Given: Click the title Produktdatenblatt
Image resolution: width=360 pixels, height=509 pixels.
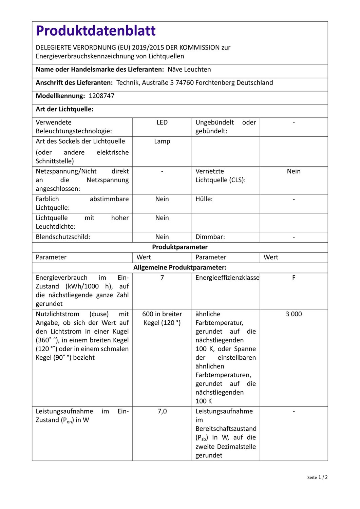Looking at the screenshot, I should point(96,31).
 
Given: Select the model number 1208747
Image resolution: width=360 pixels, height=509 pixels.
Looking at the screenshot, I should point(101,96).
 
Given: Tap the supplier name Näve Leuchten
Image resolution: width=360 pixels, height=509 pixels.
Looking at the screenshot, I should point(189,70).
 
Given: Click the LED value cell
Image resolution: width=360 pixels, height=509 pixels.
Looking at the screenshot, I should point(162,122).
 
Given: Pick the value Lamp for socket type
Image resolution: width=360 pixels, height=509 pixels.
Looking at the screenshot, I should point(162,142).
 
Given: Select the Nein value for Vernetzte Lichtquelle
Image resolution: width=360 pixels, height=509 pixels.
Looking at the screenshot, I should point(293,171).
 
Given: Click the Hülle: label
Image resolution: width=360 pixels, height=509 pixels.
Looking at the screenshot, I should point(204,199).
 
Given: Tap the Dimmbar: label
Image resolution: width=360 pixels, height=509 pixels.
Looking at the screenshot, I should point(210,237).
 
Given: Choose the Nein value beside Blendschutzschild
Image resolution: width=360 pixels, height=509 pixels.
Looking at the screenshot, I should point(162,237).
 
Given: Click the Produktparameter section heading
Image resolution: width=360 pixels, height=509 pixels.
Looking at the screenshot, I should point(179,247).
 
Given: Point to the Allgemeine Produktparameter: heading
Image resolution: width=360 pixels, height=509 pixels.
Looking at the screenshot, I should point(179,267).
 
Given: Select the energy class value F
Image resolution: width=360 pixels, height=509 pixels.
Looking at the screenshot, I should point(293,278).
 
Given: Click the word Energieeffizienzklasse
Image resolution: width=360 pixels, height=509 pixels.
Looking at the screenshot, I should point(227,278).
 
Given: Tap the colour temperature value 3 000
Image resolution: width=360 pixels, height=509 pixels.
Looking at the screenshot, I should point(293,314).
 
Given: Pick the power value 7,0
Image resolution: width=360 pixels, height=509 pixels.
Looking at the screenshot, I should point(162,411).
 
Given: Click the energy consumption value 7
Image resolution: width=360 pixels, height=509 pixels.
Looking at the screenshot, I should point(162,278).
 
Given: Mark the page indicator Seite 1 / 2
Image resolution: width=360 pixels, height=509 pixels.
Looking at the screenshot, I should point(317,477).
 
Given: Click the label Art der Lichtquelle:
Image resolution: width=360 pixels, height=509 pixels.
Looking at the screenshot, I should point(64,109).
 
